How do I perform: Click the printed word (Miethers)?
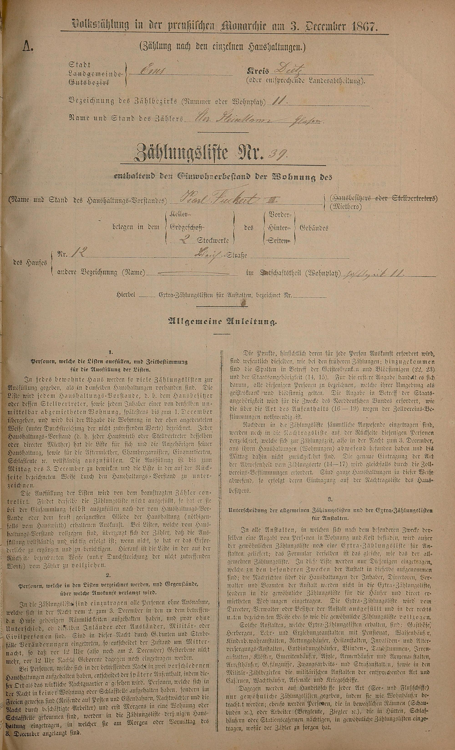(346, 208)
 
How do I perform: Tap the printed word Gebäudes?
(314, 228)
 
